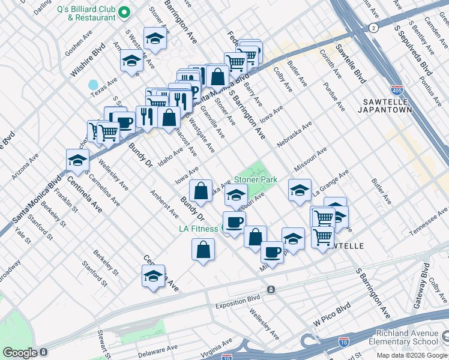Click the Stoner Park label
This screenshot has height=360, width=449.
point(255,179)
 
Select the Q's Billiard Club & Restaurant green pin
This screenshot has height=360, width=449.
point(125,12)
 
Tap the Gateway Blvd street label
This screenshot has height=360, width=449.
point(425,277)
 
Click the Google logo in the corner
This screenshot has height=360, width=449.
point(20,352)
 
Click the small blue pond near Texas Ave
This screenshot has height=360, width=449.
point(93,85)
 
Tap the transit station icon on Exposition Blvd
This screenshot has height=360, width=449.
point(271,289)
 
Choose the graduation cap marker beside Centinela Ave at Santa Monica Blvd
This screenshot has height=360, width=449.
point(77,160)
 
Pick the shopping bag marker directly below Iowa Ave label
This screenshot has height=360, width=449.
point(201,191)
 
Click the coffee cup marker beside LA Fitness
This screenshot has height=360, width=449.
point(234,222)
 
